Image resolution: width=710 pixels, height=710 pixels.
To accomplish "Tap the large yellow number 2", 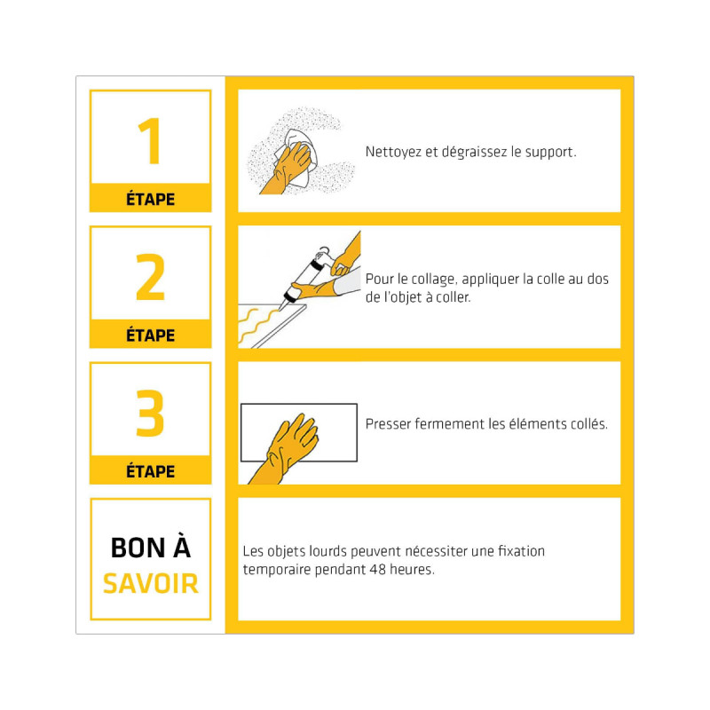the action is (150, 277).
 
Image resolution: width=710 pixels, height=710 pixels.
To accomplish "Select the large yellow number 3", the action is (150, 413).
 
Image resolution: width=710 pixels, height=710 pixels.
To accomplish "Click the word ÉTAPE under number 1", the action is (150, 199).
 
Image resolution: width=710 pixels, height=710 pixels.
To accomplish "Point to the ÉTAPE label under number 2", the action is (150, 335).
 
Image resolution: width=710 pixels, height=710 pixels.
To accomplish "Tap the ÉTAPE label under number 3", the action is (150, 471).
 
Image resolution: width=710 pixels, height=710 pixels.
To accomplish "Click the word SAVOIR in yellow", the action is (151, 583).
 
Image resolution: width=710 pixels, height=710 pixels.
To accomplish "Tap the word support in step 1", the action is (550, 153).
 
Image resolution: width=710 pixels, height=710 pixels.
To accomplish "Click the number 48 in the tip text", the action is (377, 569).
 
